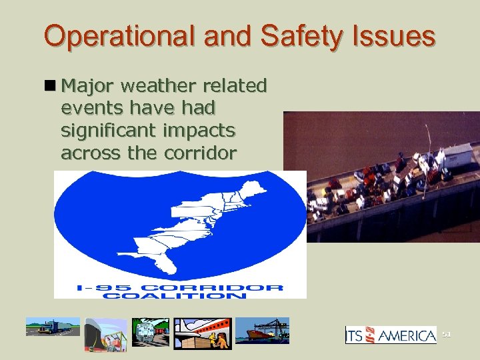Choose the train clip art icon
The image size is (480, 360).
150,331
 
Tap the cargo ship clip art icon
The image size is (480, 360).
262,331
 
